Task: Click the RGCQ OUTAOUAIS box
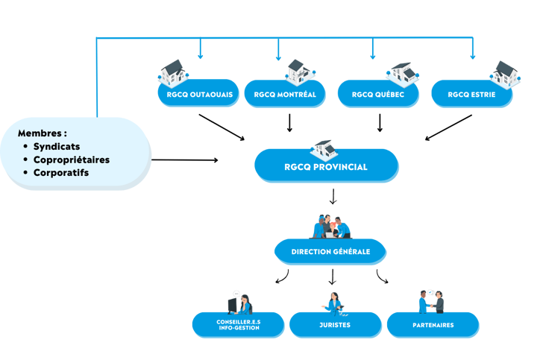[198, 95]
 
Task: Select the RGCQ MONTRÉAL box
[285, 95]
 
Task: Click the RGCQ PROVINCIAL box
[326, 167]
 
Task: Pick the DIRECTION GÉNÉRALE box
[330, 252]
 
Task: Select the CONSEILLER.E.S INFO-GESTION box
[239, 325]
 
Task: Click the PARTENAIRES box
[433, 325]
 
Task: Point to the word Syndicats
[57, 147]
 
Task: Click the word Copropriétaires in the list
[71, 160]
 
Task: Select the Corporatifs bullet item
[61, 173]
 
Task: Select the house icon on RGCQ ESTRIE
[504, 73]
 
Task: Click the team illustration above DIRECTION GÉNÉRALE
[330, 226]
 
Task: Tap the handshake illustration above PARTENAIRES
[430, 300]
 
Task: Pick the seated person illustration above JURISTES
[333, 301]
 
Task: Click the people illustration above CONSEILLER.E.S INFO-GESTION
[239, 301]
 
